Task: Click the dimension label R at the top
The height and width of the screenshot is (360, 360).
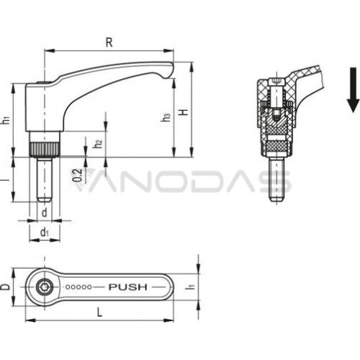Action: tap(109, 42)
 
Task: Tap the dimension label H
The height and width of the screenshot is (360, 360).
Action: tap(184, 112)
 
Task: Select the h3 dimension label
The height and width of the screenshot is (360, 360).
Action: tap(166, 117)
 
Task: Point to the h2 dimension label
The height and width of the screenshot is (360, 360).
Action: tap(98, 144)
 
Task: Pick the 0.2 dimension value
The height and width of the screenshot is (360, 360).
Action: tap(77, 175)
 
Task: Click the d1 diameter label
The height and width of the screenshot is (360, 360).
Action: tap(45, 233)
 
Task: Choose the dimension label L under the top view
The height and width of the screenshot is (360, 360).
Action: tap(99, 312)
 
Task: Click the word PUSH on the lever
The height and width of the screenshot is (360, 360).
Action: tap(128, 287)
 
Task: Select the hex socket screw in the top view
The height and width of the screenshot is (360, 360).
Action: tap(45, 287)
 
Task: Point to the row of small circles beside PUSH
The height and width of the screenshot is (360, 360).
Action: tap(78, 287)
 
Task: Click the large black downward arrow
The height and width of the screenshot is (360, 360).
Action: tap(353, 90)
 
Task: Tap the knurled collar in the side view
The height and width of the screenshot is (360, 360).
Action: tap(45, 149)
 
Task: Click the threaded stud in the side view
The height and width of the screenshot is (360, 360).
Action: tap(45, 179)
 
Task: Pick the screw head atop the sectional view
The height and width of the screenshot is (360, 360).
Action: tap(276, 82)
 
